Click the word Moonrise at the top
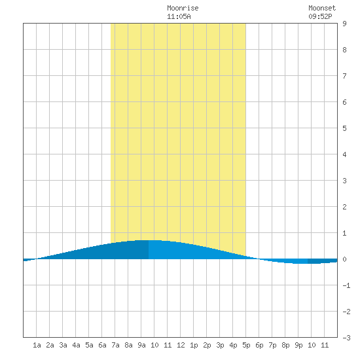[x=183, y=8]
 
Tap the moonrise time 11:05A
[x=179, y=16]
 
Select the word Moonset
[x=322, y=8]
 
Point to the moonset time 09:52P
[x=320, y=16]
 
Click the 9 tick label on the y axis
[x=344, y=24]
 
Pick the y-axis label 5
[x=344, y=128]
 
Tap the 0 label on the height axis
[x=344, y=259]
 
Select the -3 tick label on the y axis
[x=347, y=338]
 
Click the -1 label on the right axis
[x=347, y=285]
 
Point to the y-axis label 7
[x=344, y=76]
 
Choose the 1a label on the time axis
[x=37, y=345]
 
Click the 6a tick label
[x=102, y=345]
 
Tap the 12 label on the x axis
[x=181, y=345]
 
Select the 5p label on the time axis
[x=246, y=345]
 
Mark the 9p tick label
[x=298, y=345]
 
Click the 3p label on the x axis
[x=220, y=345]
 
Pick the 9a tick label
[x=141, y=345]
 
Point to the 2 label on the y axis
[x=344, y=207]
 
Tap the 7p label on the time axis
[x=272, y=345]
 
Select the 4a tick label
[x=76, y=345]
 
